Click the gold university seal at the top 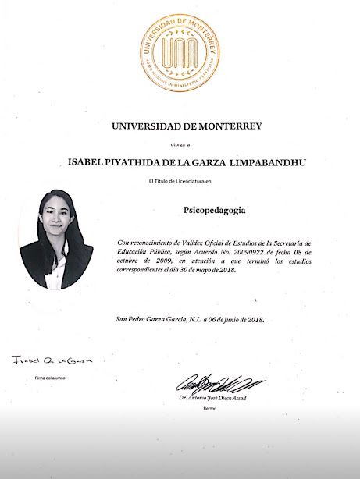point(180,52)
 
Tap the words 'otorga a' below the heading point(180,145)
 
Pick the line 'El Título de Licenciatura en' point(180,181)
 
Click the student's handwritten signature point(52,361)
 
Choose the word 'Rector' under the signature point(209,408)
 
